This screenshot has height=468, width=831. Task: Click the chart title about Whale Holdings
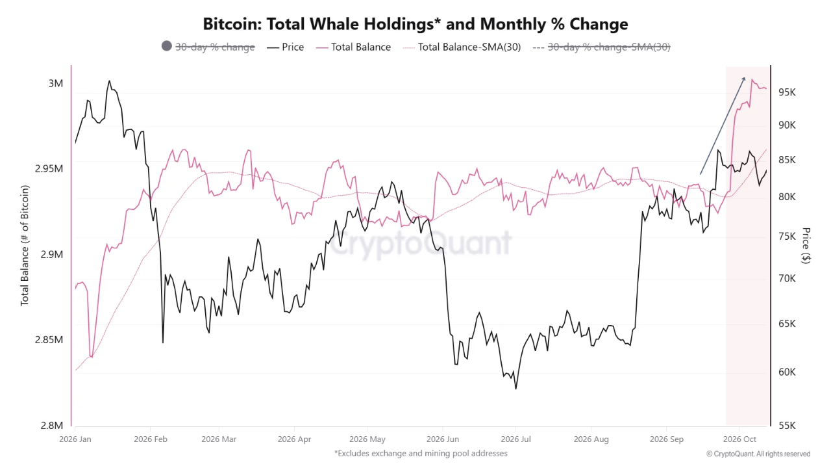(x=415, y=24)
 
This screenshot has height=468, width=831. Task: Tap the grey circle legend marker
(x=167, y=46)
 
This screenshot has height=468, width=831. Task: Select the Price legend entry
(x=285, y=47)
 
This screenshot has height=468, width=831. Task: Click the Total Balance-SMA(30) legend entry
(x=462, y=47)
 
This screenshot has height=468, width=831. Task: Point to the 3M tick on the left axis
(x=56, y=83)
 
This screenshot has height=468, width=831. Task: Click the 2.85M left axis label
(x=49, y=340)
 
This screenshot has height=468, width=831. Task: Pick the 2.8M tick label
(x=52, y=425)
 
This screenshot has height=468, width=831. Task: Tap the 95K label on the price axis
(x=787, y=92)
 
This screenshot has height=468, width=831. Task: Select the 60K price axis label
(x=787, y=372)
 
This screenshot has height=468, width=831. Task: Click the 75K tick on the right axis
(x=787, y=236)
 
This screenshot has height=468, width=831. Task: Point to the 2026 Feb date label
(x=151, y=439)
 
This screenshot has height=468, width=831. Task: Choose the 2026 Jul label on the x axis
(x=515, y=439)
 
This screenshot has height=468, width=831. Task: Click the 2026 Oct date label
(x=739, y=439)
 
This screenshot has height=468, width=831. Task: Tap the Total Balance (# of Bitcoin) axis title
(x=25, y=246)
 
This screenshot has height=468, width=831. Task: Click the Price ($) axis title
(x=806, y=246)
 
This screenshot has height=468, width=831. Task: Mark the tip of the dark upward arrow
(x=744, y=77)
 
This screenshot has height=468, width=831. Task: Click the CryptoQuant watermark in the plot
(x=421, y=243)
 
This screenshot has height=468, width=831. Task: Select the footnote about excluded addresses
(x=421, y=454)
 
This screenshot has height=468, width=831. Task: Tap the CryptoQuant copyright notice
(x=758, y=454)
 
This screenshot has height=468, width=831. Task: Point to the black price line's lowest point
(x=516, y=389)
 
